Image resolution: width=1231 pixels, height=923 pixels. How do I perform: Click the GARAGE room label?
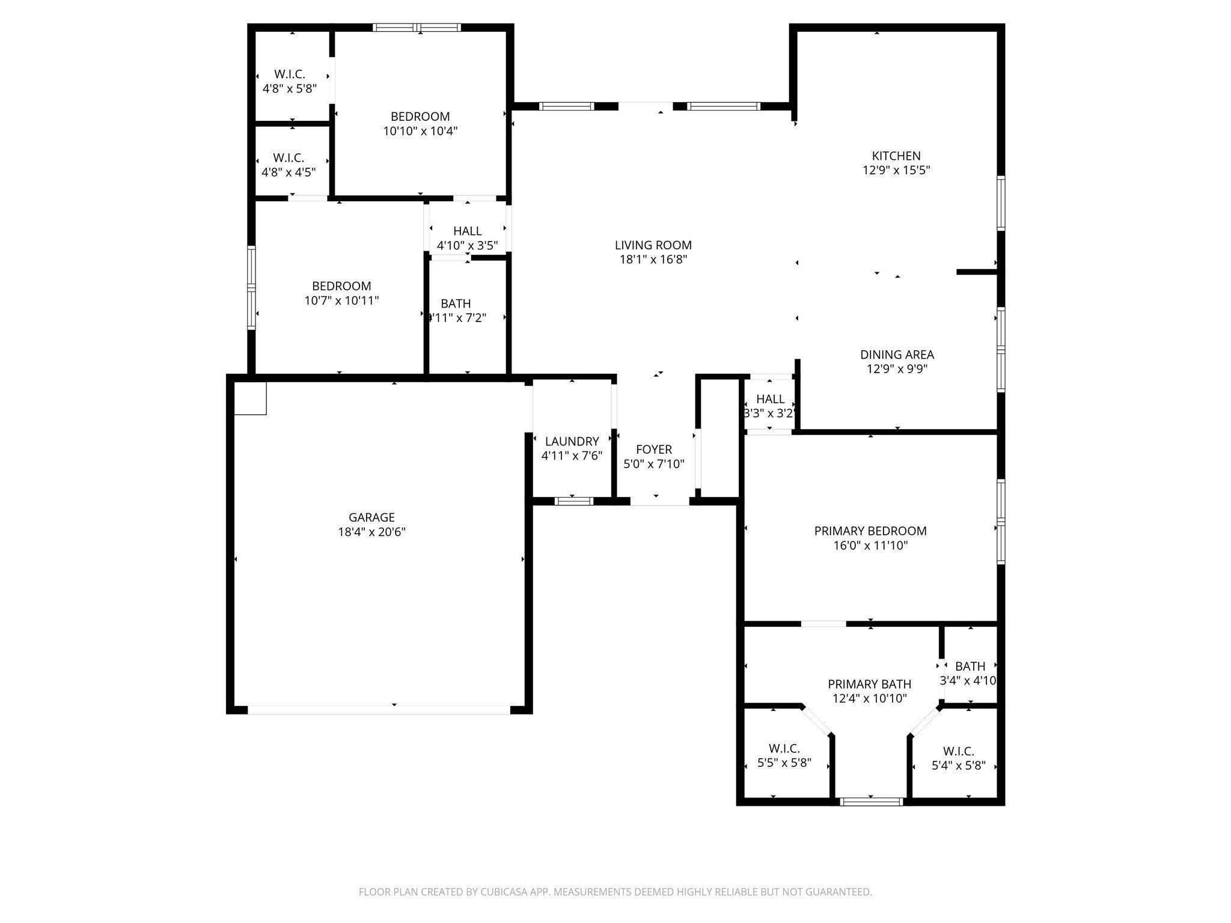[x=371, y=517]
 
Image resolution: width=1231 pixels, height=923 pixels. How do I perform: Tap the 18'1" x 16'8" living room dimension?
[x=653, y=260]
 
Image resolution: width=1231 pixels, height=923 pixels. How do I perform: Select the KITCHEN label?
[x=896, y=156]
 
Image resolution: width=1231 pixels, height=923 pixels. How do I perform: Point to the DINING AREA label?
[x=897, y=355]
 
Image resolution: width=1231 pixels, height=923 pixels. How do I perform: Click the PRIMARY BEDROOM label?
[x=870, y=531]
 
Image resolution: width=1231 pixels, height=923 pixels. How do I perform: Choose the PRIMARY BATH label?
[x=869, y=684]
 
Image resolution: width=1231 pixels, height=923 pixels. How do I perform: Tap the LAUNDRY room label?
[x=572, y=441]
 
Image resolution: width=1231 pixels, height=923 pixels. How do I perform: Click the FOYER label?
[x=653, y=449]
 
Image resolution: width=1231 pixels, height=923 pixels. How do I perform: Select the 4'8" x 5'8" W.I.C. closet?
[x=290, y=81]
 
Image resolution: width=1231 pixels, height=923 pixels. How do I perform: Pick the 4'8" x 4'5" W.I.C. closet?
[x=289, y=165]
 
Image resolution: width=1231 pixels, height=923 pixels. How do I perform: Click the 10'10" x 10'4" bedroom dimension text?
[x=420, y=131]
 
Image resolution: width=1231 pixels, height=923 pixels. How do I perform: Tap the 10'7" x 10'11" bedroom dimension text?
[x=341, y=300]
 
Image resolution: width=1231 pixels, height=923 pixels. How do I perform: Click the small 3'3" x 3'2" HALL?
[x=770, y=406]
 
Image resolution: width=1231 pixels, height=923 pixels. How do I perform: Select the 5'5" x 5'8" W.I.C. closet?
[x=784, y=755]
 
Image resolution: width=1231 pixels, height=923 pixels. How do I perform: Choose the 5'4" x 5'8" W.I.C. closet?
[x=958, y=758]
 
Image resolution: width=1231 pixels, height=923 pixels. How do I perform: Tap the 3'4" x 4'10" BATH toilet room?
[x=970, y=673]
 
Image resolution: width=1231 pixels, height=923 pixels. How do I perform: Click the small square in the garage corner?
[x=250, y=398]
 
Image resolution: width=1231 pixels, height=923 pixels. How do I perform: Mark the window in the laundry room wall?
[x=573, y=501]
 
